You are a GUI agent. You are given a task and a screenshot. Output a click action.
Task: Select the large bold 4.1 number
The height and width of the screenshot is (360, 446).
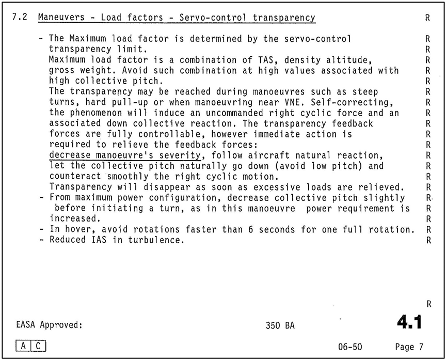(x=409, y=322)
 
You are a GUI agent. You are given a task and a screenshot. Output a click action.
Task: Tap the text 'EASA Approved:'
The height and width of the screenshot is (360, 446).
(x=50, y=325)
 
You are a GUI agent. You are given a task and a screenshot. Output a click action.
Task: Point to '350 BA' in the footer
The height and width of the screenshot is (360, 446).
(x=281, y=326)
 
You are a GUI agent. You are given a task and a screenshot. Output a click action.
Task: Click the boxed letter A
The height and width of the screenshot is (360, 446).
(x=24, y=346)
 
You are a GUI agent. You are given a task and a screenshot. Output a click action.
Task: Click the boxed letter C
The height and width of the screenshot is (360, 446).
(x=38, y=346)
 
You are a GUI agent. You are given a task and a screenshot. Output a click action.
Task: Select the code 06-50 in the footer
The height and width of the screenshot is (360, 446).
(x=347, y=347)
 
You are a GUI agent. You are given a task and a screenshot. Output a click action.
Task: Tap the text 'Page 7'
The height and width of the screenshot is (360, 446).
(x=408, y=347)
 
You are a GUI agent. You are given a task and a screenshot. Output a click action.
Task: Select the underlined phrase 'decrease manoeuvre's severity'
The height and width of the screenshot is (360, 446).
(x=124, y=155)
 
